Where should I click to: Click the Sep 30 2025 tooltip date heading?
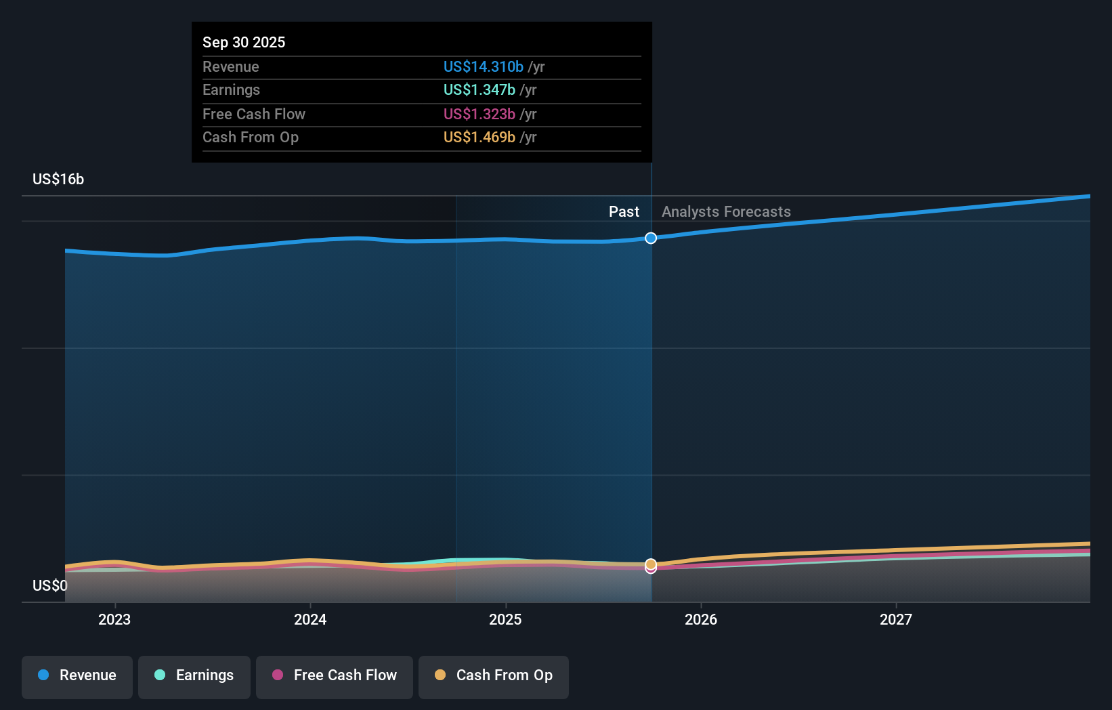[244, 42]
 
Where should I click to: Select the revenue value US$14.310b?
[483, 66]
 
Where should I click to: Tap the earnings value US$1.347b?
[479, 89]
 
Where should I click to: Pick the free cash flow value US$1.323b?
[479, 114]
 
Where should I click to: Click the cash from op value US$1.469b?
[479, 137]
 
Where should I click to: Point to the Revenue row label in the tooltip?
[231, 66]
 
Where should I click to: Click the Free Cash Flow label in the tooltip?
[254, 114]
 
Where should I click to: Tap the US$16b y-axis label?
[58, 179]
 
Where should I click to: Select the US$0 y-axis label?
[50, 585]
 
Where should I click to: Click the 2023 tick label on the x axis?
[114, 619]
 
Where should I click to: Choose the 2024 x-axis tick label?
[310, 619]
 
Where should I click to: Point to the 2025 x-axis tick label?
[505, 619]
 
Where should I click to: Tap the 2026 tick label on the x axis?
[701, 619]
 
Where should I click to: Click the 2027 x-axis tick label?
[896, 619]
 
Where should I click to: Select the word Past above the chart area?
[624, 211]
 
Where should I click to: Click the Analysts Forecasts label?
[726, 211]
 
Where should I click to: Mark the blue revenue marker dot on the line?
[651, 238]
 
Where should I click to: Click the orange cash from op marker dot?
[651, 564]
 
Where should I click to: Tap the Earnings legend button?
[194, 675]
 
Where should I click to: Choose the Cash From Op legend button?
[494, 675]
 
